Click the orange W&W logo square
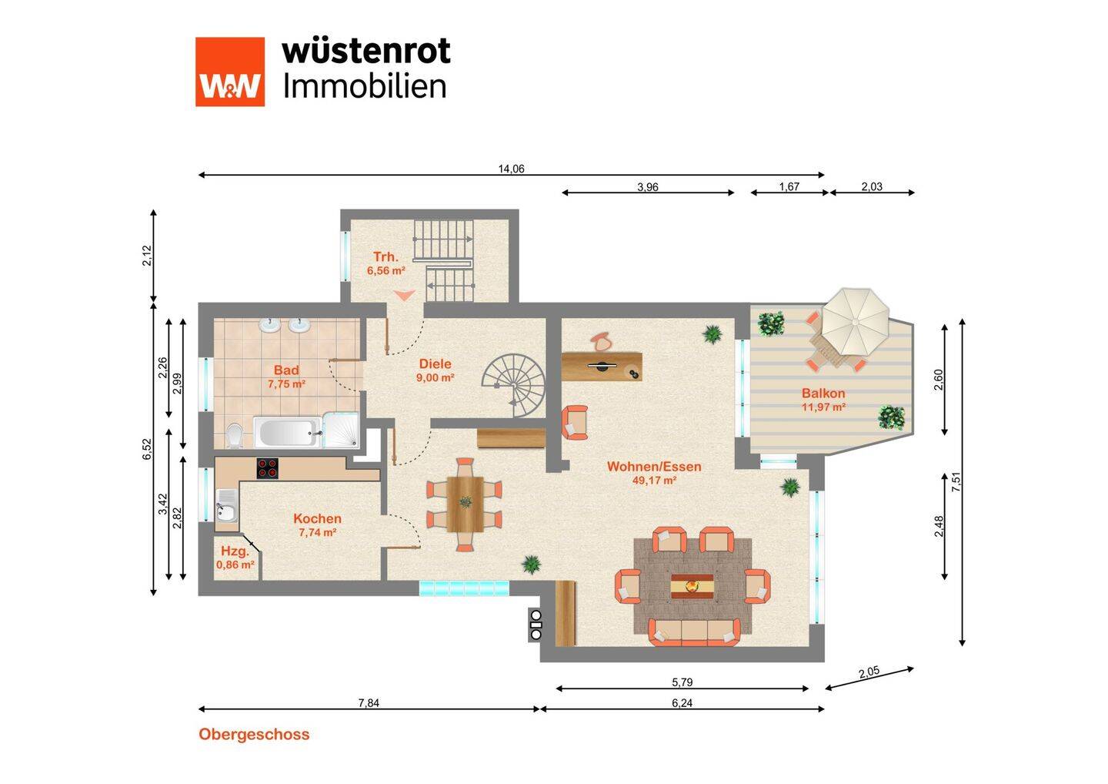(229, 72)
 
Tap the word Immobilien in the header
(365, 85)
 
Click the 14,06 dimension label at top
(511, 169)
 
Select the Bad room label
(286, 370)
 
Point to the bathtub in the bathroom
(287, 432)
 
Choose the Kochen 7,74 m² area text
(317, 532)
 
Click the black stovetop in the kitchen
(268, 468)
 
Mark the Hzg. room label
(235, 551)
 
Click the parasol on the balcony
(856, 319)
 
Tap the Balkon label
(823, 394)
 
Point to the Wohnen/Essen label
(654, 467)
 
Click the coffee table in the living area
(692, 586)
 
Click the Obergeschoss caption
(254, 734)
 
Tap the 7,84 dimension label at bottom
(369, 702)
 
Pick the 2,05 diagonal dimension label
(868, 672)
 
